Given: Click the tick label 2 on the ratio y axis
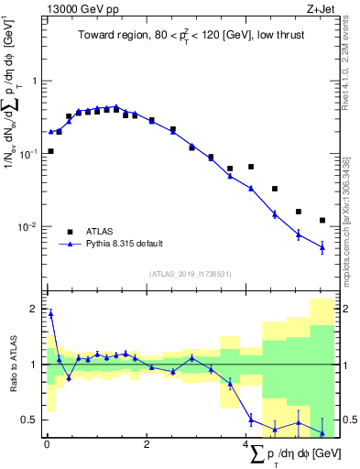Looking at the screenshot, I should pos(33,309).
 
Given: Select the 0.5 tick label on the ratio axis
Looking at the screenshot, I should pos(28,420).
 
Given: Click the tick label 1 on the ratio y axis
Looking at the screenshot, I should pos(33,365).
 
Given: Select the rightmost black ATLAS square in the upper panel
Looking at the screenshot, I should pos(322,220).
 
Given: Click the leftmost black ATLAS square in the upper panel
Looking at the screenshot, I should pos(50,151).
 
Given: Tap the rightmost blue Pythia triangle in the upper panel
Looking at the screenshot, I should pos(322,247).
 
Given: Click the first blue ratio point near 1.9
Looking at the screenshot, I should pos(50,314).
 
